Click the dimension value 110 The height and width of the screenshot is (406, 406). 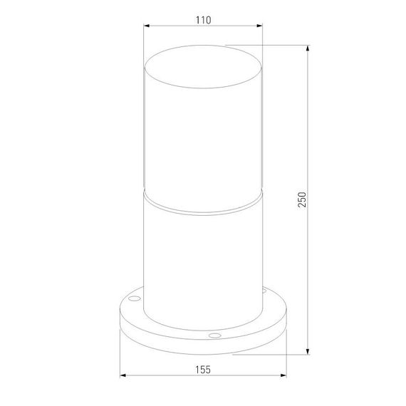pos(203,21)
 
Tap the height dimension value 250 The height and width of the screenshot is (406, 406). pos(302,200)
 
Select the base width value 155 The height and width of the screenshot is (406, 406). pos(203,370)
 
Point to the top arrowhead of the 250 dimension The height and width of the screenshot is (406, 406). pos(308,49)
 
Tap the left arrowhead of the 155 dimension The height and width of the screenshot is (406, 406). pos(123,376)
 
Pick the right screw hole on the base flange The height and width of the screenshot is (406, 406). pos(264,292)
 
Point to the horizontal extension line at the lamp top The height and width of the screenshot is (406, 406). pos(271,46)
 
